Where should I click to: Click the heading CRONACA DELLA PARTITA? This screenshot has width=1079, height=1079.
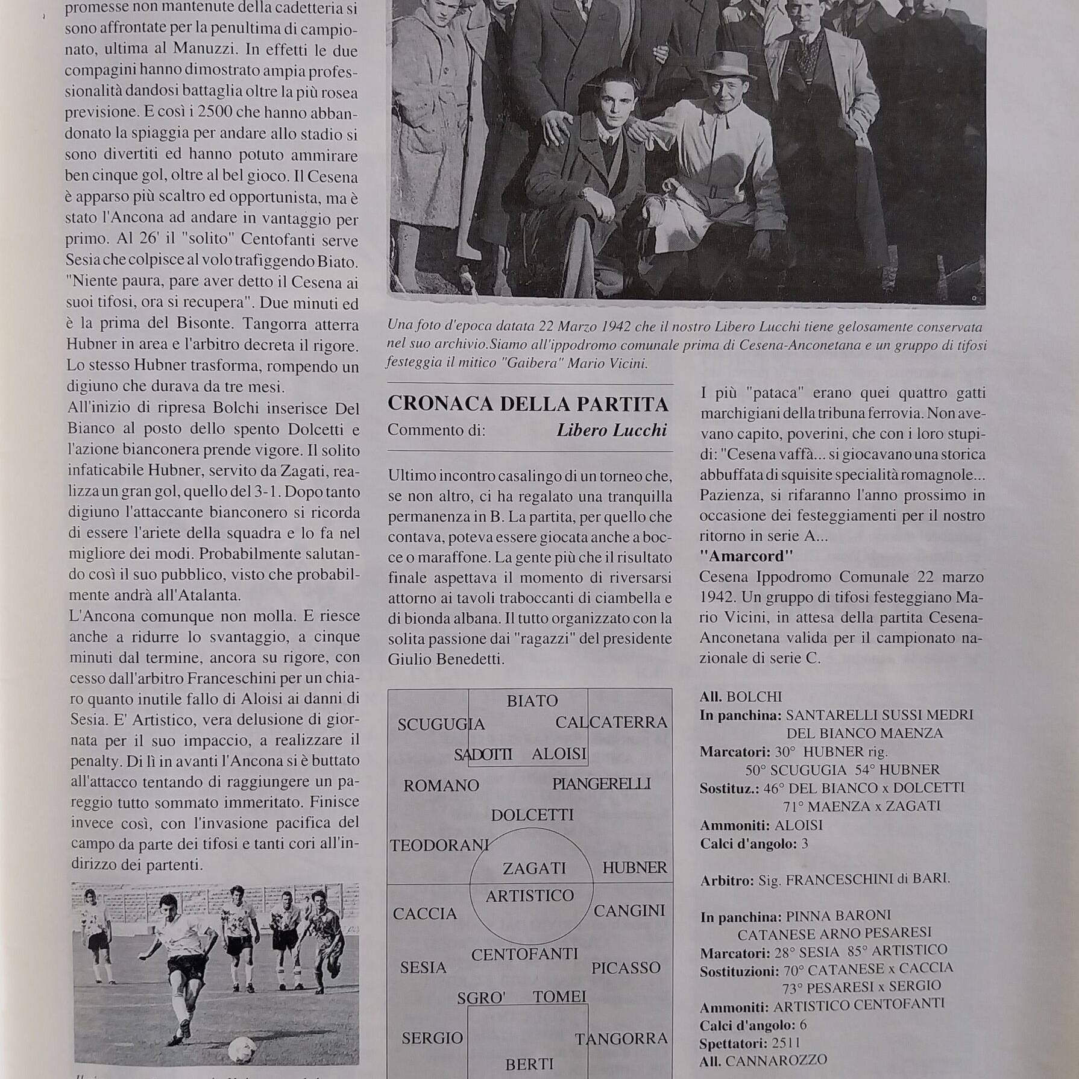(528, 404)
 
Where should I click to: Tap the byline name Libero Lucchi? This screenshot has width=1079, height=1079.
(611, 430)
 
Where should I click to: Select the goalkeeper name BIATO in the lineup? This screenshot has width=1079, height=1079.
(532, 700)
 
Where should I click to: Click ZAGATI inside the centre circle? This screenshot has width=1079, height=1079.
(534, 868)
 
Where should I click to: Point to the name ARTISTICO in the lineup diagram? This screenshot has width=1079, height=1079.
(530, 896)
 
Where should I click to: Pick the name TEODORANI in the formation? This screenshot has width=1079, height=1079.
(439, 846)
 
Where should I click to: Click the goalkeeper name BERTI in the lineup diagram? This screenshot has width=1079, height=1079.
(529, 1064)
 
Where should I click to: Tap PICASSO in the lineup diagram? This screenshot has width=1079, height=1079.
(626, 968)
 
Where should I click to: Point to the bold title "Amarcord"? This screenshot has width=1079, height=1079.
(746, 556)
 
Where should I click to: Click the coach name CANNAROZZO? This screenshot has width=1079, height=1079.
(776, 1060)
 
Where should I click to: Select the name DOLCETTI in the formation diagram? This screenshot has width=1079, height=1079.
(532, 816)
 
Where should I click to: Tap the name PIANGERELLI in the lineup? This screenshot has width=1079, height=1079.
(601, 784)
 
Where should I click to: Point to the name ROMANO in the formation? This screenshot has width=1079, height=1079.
(441, 785)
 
